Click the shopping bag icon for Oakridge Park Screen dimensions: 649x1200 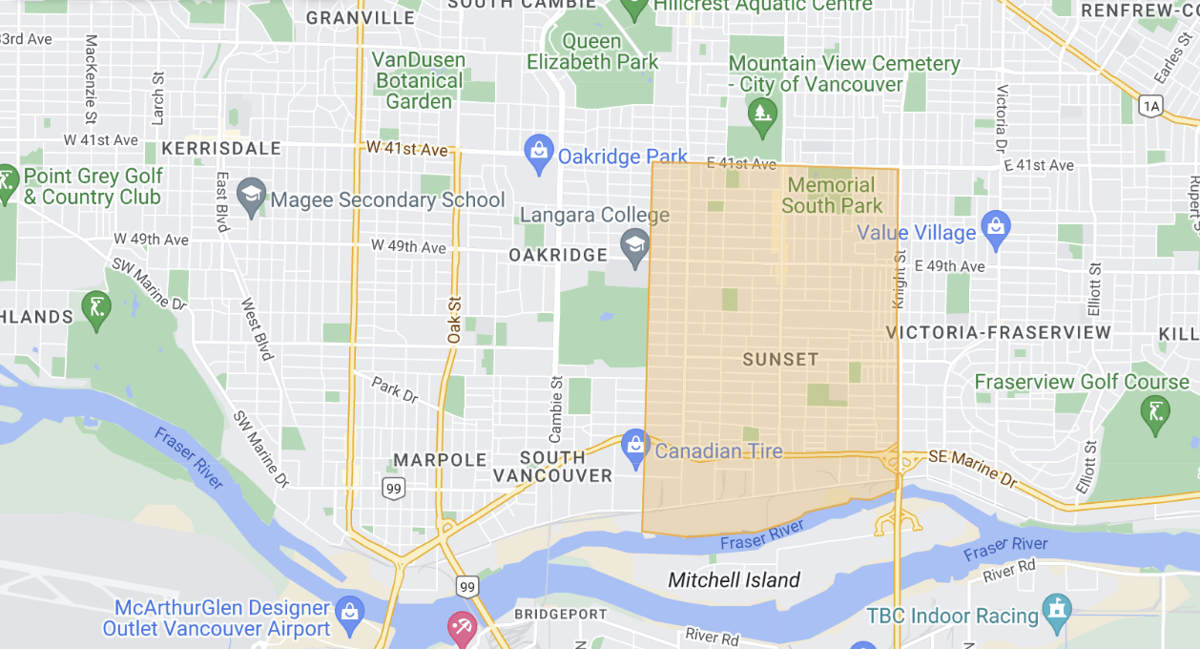coord(539,153)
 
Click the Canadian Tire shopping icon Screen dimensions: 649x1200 coord(635,447)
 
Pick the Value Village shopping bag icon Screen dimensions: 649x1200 coord(995,228)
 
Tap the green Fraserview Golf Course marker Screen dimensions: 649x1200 coord(1155,412)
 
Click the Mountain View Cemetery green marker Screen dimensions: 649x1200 coord(762,116)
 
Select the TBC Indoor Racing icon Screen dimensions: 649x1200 coord(1056,609)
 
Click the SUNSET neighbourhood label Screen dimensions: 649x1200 coord(780,360)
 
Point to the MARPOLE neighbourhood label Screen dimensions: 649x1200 coord(440,460)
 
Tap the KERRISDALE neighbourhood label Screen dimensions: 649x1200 coord(221,149)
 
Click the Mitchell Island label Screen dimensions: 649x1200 coord(734,580)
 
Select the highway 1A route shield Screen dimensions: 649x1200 coord(1152,107)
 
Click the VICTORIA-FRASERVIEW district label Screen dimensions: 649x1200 coord(999,332)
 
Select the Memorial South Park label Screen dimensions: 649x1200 coord(832,195)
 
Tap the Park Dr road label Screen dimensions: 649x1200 coord(395,389)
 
